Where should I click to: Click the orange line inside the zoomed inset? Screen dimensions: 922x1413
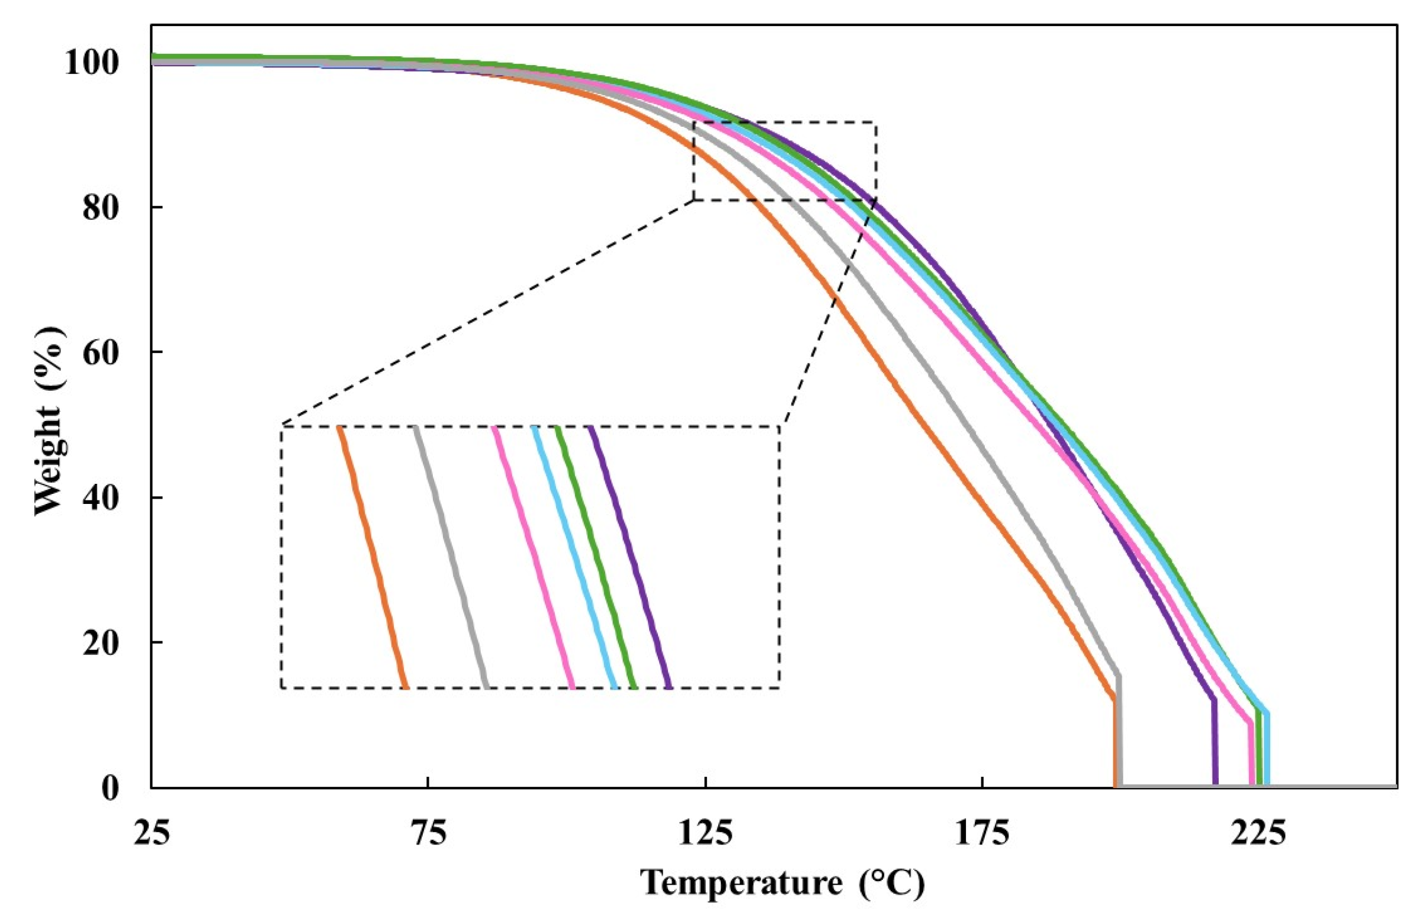pos(373,558)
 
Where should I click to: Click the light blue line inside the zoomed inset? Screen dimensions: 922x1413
pos(573,558)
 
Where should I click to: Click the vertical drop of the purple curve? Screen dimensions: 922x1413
pos(1214,742)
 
